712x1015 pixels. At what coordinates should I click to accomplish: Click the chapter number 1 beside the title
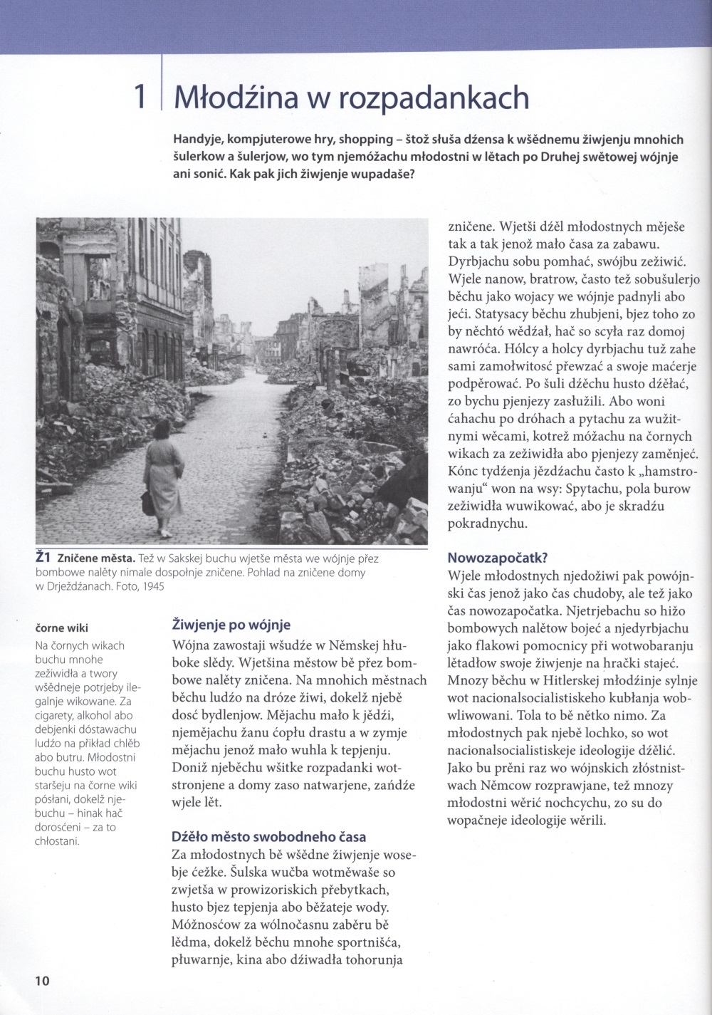coord(140,97)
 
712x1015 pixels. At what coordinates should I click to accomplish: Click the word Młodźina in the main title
coord(229,97)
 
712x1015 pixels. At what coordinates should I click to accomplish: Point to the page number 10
coord(42,980)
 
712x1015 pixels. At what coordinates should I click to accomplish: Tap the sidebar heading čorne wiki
coord(61,628)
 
